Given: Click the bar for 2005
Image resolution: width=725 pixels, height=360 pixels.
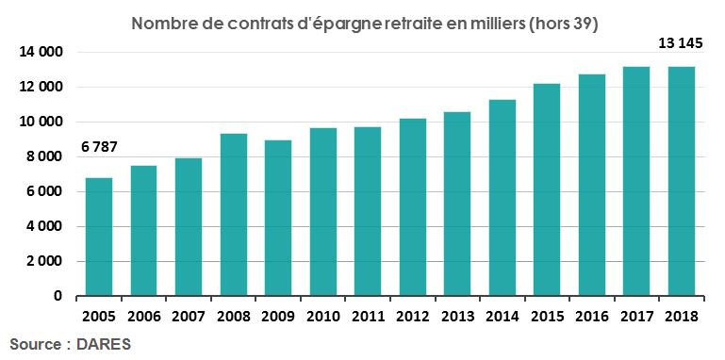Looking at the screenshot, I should coord(99,237).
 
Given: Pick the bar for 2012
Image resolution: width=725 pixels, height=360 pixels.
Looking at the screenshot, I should coord(412,207).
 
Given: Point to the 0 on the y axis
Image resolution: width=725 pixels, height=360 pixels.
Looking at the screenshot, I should coord(58,296).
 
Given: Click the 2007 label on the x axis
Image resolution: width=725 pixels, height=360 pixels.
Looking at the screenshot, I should coord(189,316).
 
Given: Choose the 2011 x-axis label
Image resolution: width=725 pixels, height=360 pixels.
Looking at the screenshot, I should coord(368,316).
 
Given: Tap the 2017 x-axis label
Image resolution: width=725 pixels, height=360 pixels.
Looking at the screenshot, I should coord(636,316).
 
